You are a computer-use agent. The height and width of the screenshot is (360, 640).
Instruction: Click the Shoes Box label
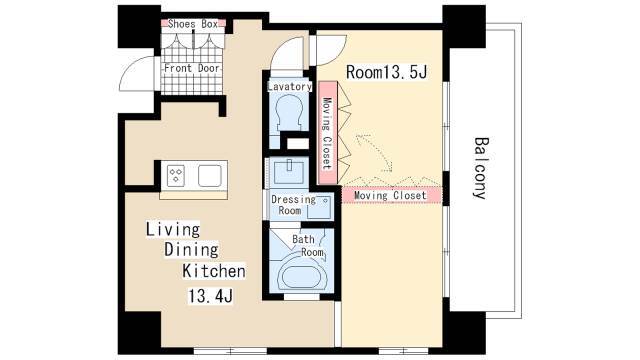pos(193,24)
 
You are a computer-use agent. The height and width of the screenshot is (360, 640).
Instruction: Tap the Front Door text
pos(192,68)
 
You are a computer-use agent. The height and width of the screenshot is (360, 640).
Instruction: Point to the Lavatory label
pos(289,87)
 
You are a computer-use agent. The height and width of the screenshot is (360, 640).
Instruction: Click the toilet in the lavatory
pos(289,114)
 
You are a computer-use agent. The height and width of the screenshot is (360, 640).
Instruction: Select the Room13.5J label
pos(387,72)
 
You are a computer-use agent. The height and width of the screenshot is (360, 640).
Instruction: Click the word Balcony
pos(481,168)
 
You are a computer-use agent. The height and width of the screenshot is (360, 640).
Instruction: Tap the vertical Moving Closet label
pos(327,133)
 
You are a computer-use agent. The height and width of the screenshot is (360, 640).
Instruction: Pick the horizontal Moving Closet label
pos(390,196)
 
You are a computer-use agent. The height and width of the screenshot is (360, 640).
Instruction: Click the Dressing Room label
pos(293,205)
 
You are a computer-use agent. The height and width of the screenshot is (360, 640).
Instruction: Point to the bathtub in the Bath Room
pos(302,278)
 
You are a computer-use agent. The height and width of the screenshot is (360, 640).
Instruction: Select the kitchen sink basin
pos(210,176)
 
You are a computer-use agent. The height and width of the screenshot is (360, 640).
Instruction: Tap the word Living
pos(173,229)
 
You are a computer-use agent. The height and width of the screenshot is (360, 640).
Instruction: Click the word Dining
pos(191,250)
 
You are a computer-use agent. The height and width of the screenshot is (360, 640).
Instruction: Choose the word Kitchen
pos(214,271)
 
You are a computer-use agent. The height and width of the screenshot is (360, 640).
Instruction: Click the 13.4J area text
pos(211,296)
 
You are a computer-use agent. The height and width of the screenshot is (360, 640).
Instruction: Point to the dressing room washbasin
pos(289,172)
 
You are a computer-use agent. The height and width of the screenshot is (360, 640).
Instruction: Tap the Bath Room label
pos(308,245)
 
